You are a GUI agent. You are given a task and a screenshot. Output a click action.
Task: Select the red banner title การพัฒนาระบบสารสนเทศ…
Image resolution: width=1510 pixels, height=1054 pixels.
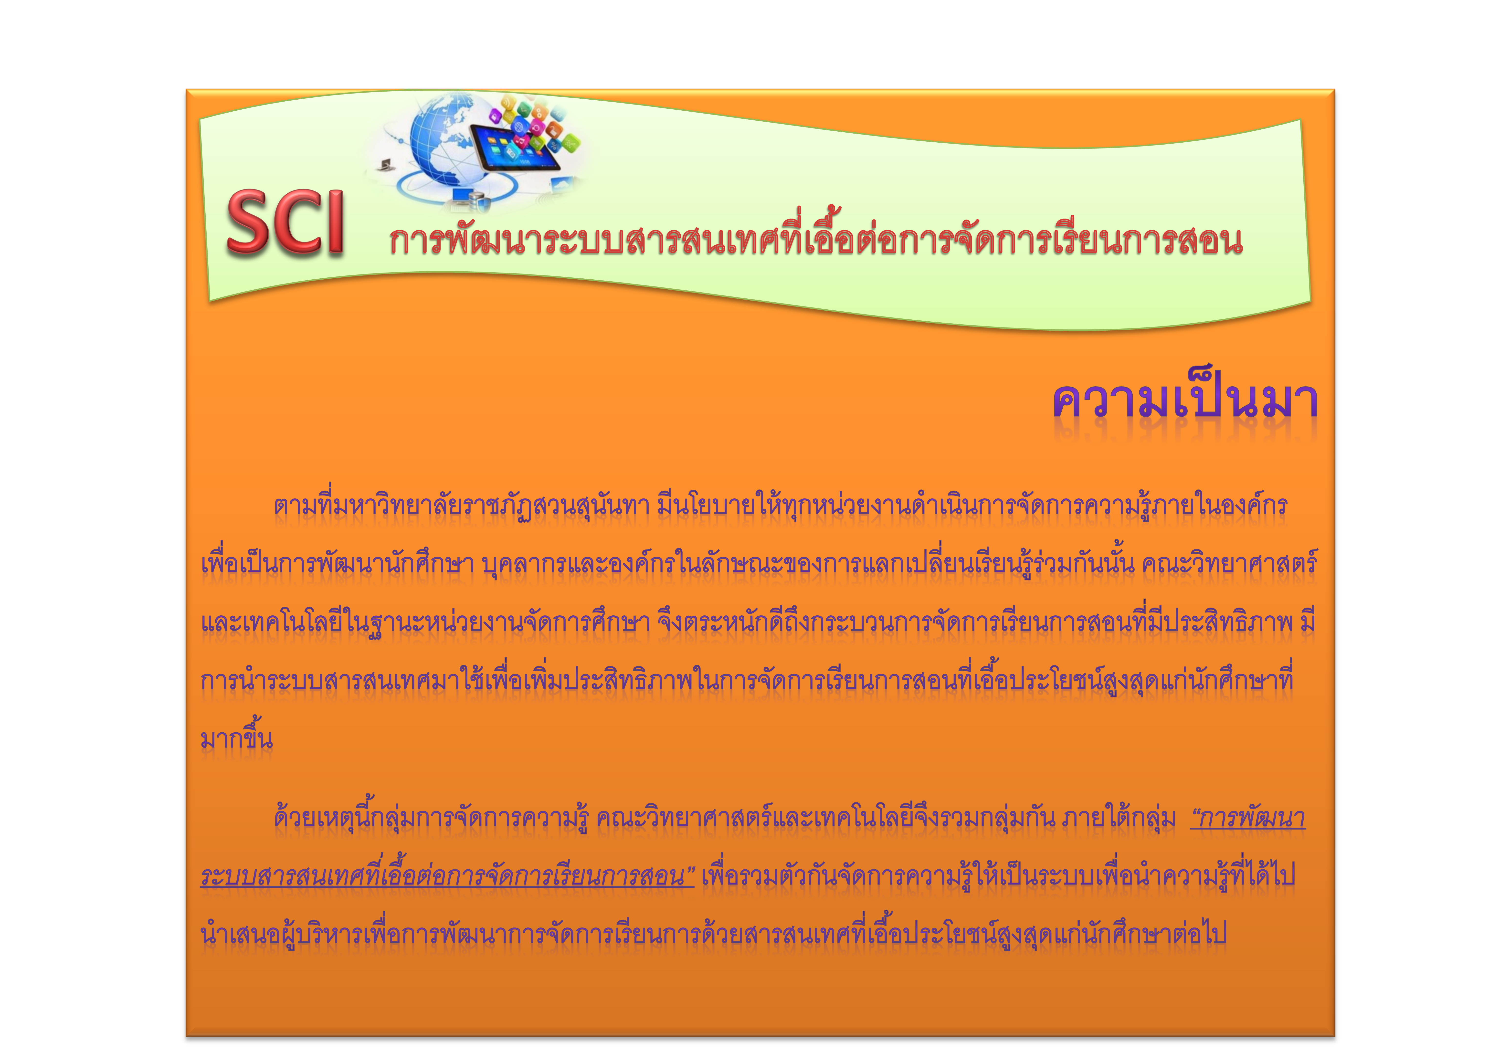point(815,240)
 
